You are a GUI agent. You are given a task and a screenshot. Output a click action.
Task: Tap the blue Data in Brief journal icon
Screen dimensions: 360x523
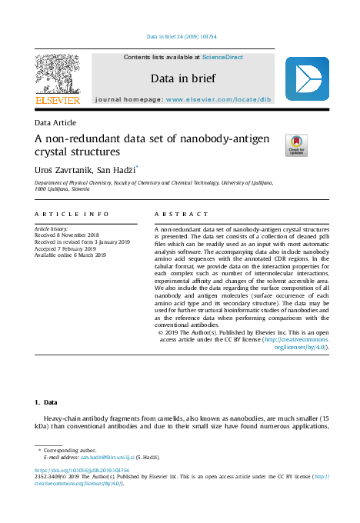[x=307, y=79]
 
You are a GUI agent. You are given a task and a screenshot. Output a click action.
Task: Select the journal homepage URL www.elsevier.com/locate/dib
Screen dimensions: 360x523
[x=218, y=100]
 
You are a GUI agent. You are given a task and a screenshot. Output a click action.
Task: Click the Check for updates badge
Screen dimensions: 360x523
[x=295, y=145]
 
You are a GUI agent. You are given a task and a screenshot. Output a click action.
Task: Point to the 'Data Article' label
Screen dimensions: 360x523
[x=55, y=122]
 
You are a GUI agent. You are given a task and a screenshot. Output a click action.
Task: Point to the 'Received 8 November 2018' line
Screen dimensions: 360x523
[x=67, y=236]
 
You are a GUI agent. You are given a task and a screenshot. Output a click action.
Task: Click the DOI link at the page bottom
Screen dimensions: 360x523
[x=82, y=469]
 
